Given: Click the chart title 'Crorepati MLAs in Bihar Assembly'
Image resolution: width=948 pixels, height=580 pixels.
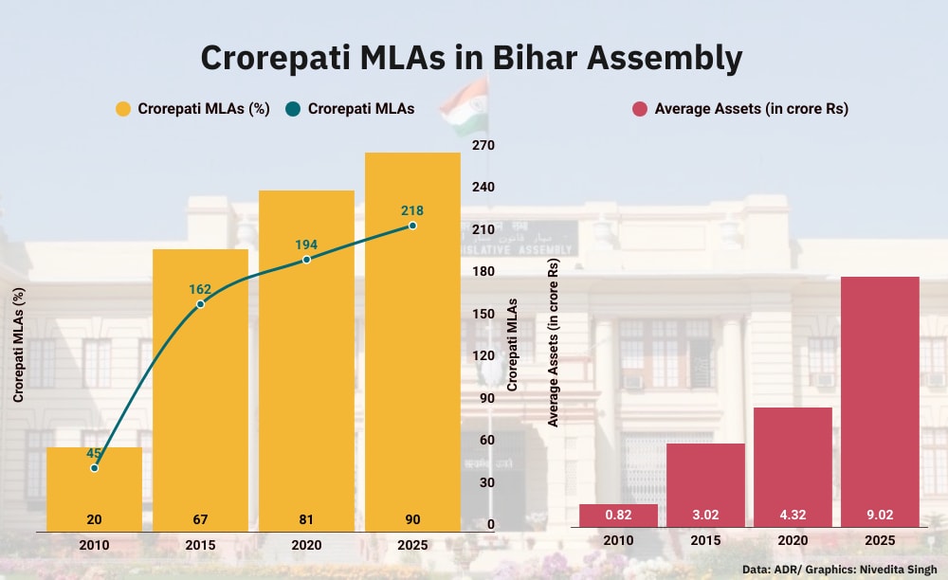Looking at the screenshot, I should point(471,58).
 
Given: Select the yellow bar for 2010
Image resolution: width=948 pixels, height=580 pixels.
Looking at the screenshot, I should point(94,488).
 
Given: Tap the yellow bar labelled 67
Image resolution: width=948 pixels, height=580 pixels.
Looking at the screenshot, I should point(200,389).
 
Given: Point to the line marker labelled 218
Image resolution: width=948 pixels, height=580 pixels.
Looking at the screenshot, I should point(412,226).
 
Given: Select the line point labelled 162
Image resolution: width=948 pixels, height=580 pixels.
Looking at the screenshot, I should point(200,304).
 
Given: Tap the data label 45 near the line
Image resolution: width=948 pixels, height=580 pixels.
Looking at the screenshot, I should point(94,453).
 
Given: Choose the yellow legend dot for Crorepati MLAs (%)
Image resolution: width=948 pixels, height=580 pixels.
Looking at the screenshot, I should point(123,109).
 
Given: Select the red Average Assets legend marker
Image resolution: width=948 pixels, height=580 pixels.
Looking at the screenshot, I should point(640,109).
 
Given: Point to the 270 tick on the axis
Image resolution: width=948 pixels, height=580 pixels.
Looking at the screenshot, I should point(483,145).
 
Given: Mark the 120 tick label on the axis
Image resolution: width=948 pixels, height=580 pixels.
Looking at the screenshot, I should point(483,355).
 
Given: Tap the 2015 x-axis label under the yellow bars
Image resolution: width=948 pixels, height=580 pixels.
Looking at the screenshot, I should point(200,545).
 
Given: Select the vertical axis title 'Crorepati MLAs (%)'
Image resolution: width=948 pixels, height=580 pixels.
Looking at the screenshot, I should point(18,345).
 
